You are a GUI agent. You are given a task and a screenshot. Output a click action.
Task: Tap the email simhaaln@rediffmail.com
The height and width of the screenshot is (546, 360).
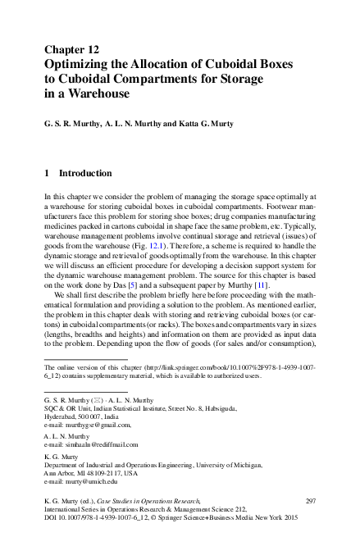[x=98, y=445]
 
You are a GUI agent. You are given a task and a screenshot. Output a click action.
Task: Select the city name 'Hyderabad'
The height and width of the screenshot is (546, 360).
[x=62, y=417]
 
